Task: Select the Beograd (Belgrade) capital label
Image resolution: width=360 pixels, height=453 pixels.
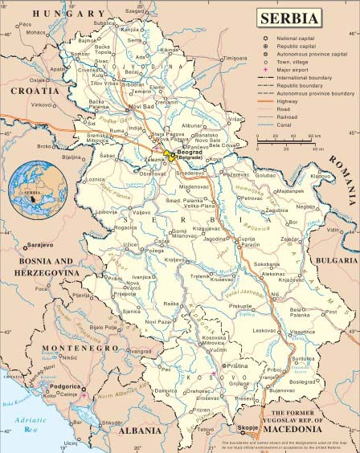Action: click(x=190, y=153)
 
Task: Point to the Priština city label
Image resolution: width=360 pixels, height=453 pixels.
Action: click(x=238, y=365)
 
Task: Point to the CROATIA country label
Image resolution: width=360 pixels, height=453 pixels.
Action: click(x=33, y=91)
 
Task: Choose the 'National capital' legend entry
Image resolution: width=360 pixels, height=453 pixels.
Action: click(x=301, y=39)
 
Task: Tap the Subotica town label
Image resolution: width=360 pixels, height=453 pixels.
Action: click(x=104, y=23)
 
